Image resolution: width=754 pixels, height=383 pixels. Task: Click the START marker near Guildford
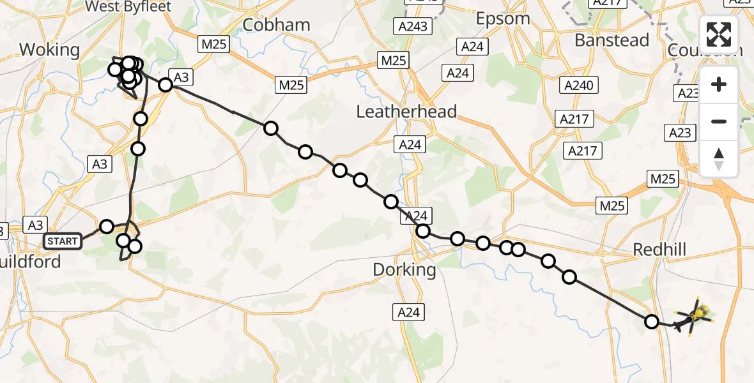click(63, 241)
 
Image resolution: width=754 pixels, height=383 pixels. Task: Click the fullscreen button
click(719, 34)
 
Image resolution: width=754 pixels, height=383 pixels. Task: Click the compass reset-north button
click(719, 159)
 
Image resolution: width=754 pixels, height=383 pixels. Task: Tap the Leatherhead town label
click(406, 112)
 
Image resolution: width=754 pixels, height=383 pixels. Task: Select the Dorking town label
click(404, 270)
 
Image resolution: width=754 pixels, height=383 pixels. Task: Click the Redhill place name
click(659, 250)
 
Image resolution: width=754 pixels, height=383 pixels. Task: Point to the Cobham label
click(277, 25)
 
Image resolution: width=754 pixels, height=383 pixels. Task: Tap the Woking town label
click(49, 50)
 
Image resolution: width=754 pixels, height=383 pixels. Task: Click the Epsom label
click(503, 19)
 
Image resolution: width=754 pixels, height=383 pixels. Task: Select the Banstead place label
click(612, 40)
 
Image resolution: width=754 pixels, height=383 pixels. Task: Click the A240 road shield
click(578, 85)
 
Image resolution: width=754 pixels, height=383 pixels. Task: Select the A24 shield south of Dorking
click(409, 312)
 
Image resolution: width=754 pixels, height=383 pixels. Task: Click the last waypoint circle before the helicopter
click(652, 322)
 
